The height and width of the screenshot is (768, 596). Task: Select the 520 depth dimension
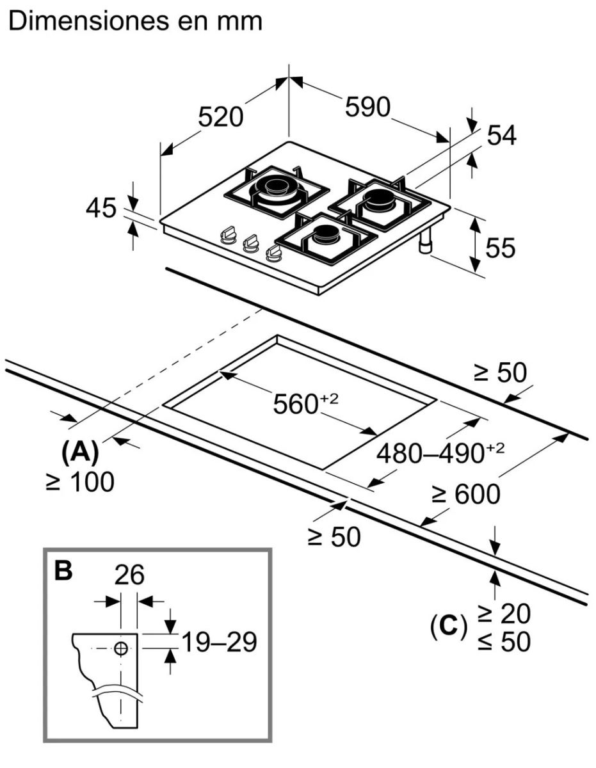tap(220, 117)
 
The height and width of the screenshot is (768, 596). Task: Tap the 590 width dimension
tap(367, 107)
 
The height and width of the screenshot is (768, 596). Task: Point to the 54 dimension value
tap(501, 135)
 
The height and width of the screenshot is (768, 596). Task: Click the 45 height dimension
tap(101, 209)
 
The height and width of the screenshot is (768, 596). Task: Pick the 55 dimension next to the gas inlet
tap(499, 248)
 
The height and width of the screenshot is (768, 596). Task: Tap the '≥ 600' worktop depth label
tap(465, 494)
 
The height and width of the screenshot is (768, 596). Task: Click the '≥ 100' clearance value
tap(80, 482)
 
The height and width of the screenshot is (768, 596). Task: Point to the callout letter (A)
tap(80, 453)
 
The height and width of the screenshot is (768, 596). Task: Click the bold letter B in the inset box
tap(63, 571)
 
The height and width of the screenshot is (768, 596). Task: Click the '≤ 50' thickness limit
tap(504, 642)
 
